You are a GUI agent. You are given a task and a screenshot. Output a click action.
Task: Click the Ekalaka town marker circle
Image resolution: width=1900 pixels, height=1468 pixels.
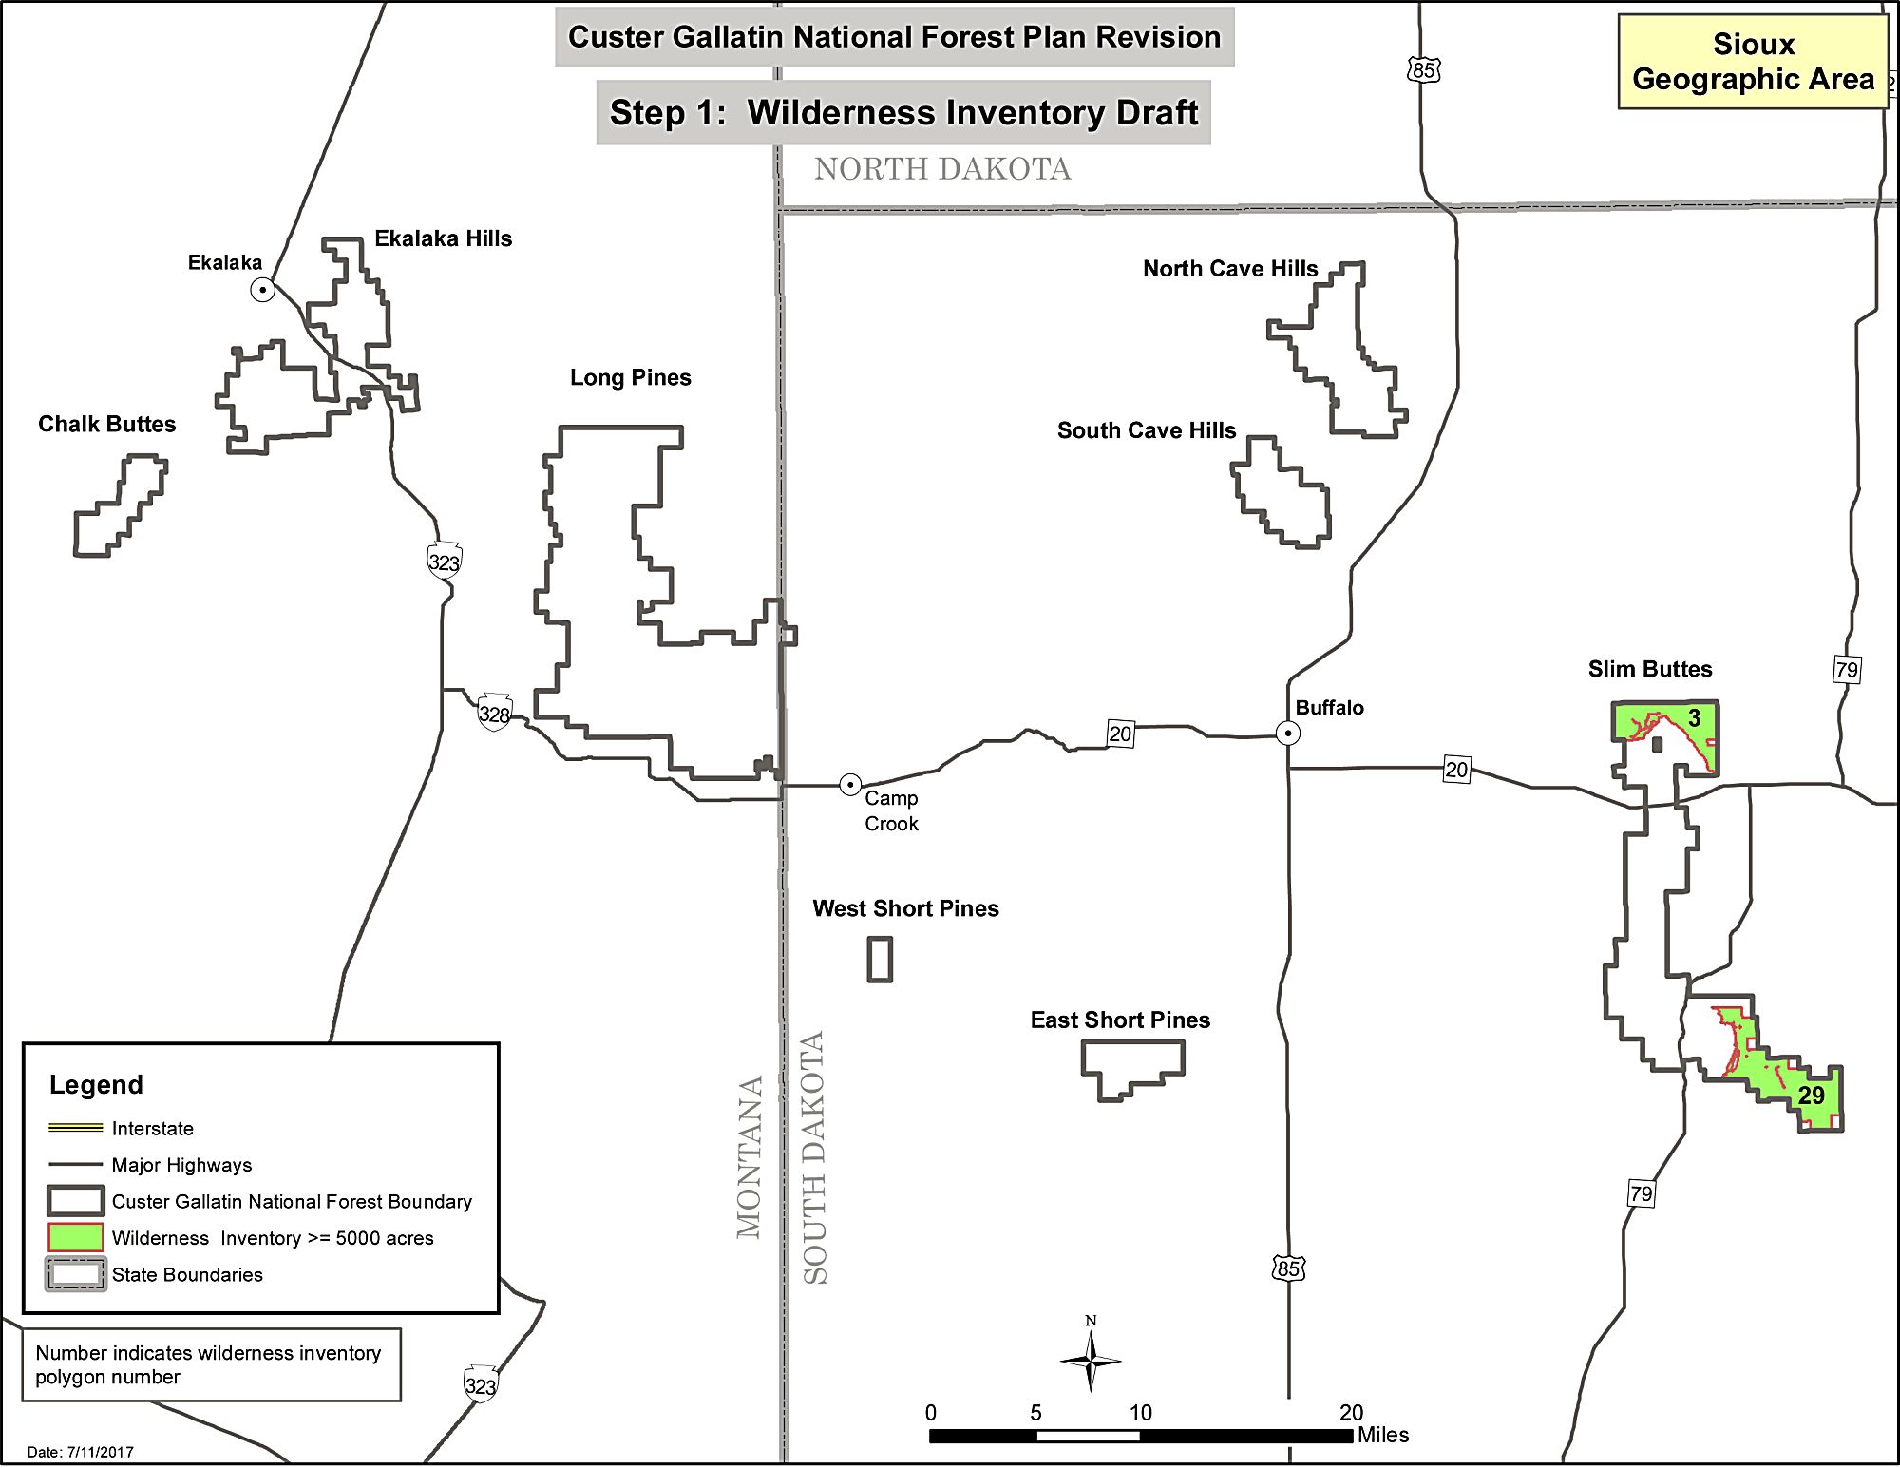(263, 290)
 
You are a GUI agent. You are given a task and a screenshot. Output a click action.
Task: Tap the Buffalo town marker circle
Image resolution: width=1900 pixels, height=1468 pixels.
(1287, 733)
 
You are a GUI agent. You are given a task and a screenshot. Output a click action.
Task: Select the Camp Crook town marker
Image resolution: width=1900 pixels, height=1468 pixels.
(850, 785)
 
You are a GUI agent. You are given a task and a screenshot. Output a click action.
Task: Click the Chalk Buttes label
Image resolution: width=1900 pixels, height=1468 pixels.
(106, 424)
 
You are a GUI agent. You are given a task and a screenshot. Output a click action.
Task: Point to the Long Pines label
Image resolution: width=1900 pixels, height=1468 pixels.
(630, 377)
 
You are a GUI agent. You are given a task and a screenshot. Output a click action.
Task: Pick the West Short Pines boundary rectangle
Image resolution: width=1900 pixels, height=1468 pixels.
(880, 959)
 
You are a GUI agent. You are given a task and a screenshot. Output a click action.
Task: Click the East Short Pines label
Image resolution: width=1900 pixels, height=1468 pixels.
(1120, 1020)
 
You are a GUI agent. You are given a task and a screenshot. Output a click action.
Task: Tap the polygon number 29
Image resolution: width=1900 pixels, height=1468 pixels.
(1811, 1095)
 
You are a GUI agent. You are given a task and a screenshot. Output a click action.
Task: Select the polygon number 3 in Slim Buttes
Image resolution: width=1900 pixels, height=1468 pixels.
(1694, 718)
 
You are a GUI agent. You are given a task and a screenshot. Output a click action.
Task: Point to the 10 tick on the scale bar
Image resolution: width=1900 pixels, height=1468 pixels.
(1140, 1413)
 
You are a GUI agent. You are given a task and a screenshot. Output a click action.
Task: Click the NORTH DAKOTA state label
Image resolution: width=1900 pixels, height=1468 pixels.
(941, 169)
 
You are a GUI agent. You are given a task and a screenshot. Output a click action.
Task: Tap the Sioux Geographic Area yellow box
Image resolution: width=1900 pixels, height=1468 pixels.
(1753, 62)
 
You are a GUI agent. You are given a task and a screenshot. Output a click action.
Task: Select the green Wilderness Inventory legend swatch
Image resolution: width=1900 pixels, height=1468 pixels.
(75, 1237)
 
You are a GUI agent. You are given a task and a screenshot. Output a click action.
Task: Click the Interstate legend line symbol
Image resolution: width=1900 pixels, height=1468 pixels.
(75, 1128)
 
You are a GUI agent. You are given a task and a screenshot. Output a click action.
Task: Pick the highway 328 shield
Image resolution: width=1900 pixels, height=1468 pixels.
(494, 713)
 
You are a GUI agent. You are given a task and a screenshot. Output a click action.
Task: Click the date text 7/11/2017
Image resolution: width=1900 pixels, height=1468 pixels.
(81, 1452)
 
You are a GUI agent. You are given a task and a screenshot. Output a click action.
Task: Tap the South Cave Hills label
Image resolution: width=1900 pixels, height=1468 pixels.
(1146, 430)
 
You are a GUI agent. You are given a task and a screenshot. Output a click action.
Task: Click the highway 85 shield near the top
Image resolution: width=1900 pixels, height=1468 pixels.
(1423, 69)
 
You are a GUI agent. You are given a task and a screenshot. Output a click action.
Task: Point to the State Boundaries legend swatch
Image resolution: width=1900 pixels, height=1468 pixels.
(75, 1274)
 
